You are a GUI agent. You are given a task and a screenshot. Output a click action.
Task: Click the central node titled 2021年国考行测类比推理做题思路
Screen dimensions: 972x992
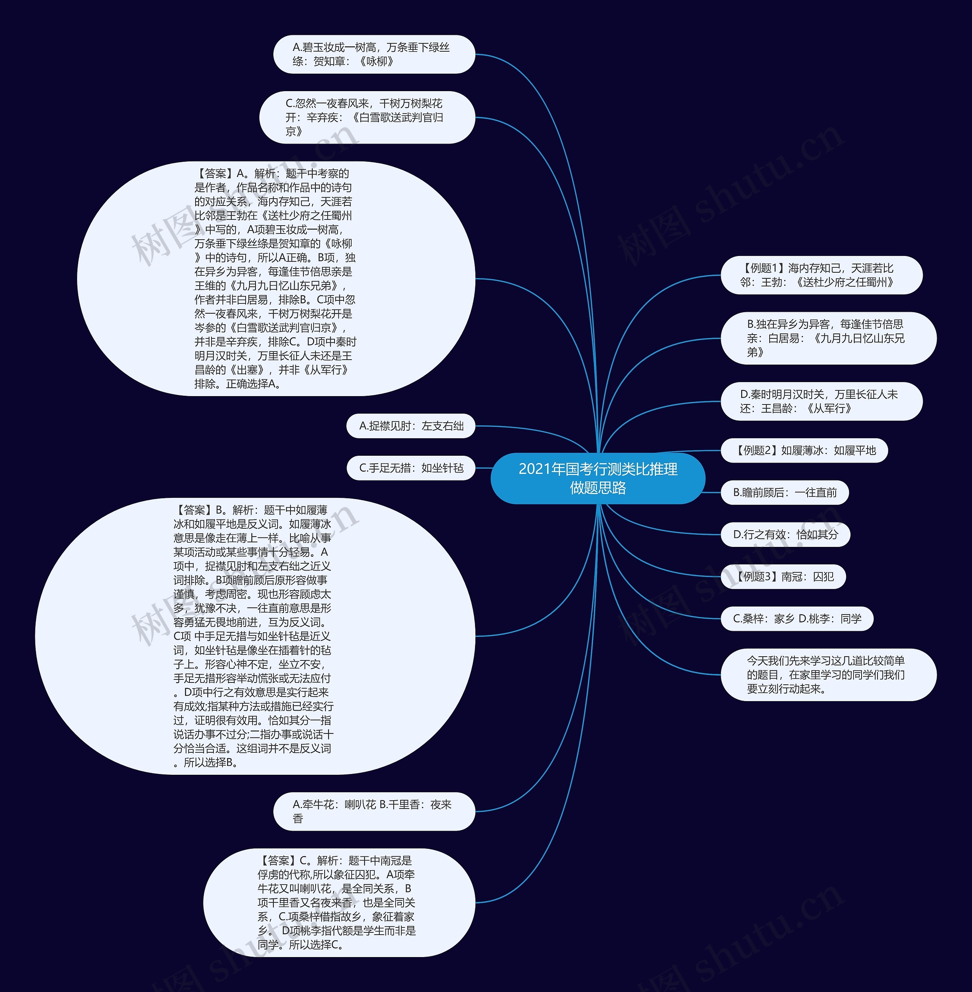pyautogui.click(x=598, y=479)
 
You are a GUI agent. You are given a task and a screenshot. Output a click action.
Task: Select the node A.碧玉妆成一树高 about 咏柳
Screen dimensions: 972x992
pyautogui.click(x=374, y=54)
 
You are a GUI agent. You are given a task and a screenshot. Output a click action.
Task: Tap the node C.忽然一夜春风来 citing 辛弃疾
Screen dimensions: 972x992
pyautogui.click(x=366, y=117)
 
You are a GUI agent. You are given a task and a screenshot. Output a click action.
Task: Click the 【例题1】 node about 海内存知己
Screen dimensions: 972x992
pyautogui.click(x=821, y=275)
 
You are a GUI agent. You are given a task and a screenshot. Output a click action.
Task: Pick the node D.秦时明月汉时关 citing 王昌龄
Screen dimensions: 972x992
pyautogui.click(x=821, y=401)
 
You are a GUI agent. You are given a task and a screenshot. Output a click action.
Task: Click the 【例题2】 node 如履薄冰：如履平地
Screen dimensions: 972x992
pyautogui.click(x=804, y=450)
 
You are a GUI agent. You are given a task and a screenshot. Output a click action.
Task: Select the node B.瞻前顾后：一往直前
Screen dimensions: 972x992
pyautogui.click(x=785, y=493)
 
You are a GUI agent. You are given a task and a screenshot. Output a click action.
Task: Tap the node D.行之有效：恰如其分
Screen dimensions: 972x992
pyautogui.click(x=785, y=534)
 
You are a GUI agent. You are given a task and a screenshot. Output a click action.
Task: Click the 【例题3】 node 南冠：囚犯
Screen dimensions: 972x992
pyautogui.click(x=783, y=577)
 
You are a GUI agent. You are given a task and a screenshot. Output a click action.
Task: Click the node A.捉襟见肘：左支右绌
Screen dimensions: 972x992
pyautogui.click(x=410, y=426)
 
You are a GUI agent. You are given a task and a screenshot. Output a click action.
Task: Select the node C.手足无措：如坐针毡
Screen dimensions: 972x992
pyautogui.click(x=410, y=468)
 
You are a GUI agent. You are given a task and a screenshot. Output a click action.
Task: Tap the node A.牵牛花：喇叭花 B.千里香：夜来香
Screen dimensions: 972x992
pyautogui.click(x=374, y=811)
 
